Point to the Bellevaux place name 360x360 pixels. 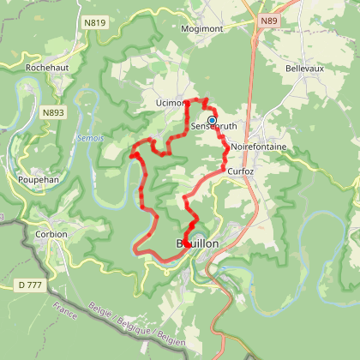(304, 66)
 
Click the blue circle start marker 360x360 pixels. (212, 121)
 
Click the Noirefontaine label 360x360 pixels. (258, 147)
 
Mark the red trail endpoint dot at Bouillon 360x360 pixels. (186, 244)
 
